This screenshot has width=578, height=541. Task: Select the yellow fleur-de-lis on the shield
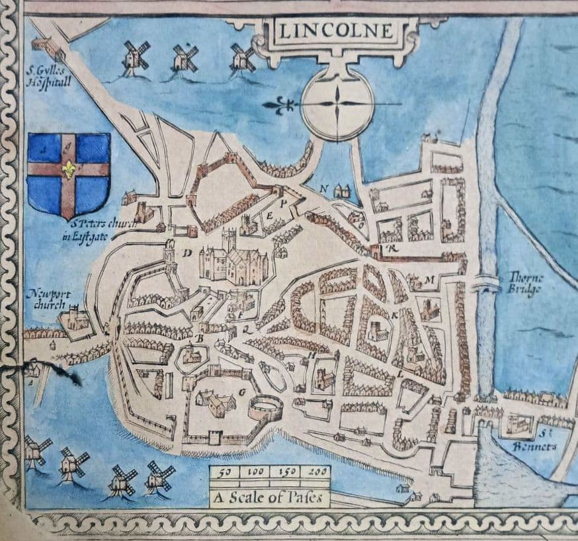click(x=67, y=169)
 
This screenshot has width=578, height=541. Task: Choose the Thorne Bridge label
click(x=527, y=283)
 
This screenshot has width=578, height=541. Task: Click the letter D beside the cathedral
click(x=187, y=253)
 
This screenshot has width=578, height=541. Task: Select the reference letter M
click(x=429, y=279)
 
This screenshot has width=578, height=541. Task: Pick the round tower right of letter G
click(x=265, y=407)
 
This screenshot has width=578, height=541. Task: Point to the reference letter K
click(x=395, y=316)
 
